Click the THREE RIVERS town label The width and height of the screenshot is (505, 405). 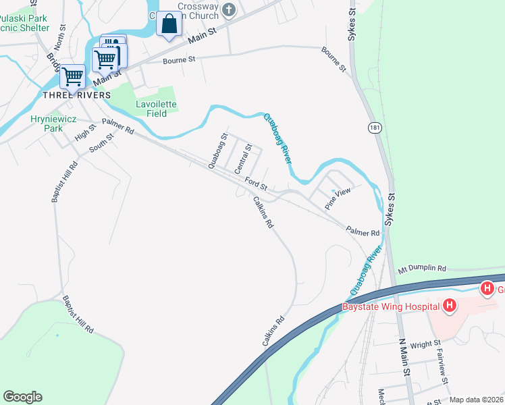pyautogui.click(x=76, y=95)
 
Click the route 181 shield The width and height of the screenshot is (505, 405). pyautogui.click(x=375, y=128)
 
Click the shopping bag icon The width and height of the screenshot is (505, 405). pyautogui.click(x=169, y=26)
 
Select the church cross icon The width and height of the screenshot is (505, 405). pyautogui.click(x=230, y=9)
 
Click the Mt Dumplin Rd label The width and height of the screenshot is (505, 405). pyautogui.click(x=422, y=268)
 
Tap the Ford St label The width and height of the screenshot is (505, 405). pyautogui.click(x=257, y=183)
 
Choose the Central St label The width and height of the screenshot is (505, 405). pyautogui.click(x=242, y=159)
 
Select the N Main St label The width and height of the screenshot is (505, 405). pyautogui.click(x=404, y=357)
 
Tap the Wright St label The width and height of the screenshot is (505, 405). pyautogui.click(x=425, y=344)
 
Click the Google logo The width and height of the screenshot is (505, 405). pyautogui.click(x=22, y=397)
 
